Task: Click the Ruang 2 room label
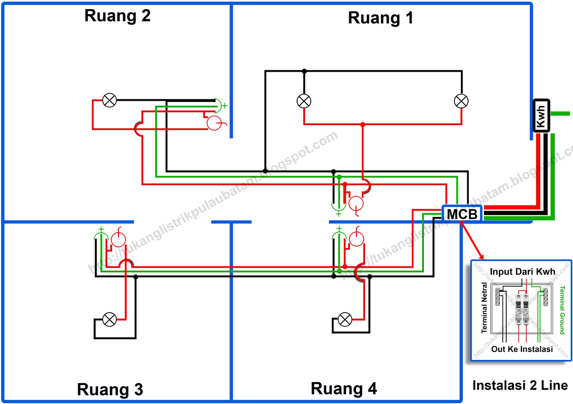(x=117, y=16)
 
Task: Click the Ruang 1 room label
(x=381, y=18)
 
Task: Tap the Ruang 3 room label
(x=110, y=389)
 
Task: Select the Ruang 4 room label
(x=344, y=389)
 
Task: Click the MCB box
(x=462, y=214)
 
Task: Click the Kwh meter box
(x=541, y=116)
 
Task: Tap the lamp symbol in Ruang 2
(x=110, y=100)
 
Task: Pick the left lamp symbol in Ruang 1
(x=304, y=101)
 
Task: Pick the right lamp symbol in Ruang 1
(x=461, y=101)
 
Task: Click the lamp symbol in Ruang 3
(x=110, y=319)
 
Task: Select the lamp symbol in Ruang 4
(x=345, y=319)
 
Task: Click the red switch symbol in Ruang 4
(x=356, y=238)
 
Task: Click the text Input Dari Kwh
(x=522, y=272)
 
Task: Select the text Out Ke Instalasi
(x=522, y=349)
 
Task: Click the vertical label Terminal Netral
(x=484, y=308)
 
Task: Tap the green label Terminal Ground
(x=562, y=310)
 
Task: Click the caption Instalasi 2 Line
(x=520, y=385)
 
